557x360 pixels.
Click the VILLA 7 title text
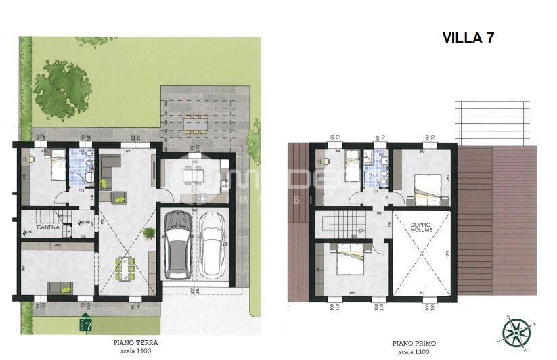pos(468,38)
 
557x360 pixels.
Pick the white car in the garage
pos(213,242)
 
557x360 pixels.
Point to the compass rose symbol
pos(515,332)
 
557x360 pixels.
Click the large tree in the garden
pos(63,86)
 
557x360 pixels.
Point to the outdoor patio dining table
pos(196,123)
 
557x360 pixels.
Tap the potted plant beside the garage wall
pos(149,233)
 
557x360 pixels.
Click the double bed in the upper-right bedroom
pos(425,183)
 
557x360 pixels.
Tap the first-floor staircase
pos(338,223)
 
